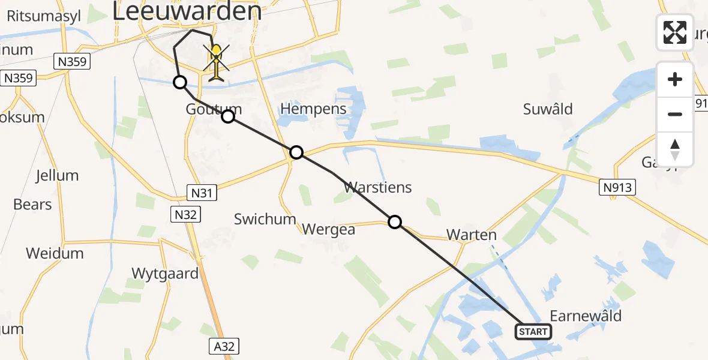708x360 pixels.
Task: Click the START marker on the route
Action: pyautogui.click(x=533, y=332)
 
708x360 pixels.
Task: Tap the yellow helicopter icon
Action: pyautogui.click(x=217, y=62)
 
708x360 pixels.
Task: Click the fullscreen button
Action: pyautogui.click(x=675, y=32)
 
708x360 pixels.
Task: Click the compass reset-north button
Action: pyautogui.click(x=675, y=149)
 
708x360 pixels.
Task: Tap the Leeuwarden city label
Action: pyautogui.click(x=187, y=12)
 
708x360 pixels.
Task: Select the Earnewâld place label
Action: pyautogui.click(x=585, y=316)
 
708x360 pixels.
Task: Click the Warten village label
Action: pyautogui.click(x=472, y=235)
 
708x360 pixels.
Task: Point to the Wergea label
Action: pyautogui.click(x=329, y=229)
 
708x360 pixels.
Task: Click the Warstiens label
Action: pyautogui.click(x=378, y=187)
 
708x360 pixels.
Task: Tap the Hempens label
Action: pyautogui.click(x=314, y=109)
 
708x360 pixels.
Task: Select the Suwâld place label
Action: pyautogui.click(x=548, y=109)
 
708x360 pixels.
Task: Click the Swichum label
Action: pyautogui.click(x=265, y=219)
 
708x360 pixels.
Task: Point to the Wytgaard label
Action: pyautogui.click(x=165, y=274)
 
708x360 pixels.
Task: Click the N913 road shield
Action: pyautogui.click(x=617, y=188)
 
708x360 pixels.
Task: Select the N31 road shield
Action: pyautogui.click(x=202, y=193)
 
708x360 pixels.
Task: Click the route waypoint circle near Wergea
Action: pyautogui.click(x=395, y=222)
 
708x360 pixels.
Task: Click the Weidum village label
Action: pyautogui.click(x=55, y=253)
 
